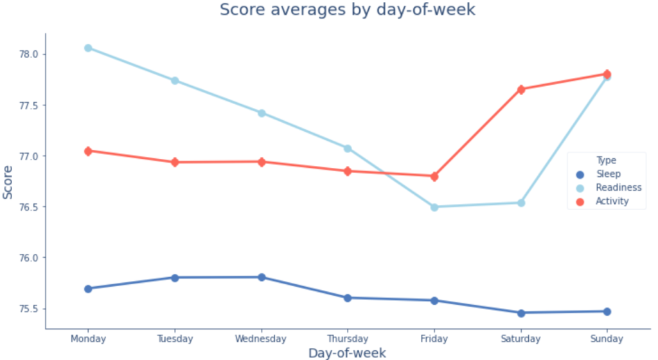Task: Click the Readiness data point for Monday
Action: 88,48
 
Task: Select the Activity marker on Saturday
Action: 521,89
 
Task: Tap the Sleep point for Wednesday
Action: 262,277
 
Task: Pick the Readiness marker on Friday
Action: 434,207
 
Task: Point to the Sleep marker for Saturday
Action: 521,313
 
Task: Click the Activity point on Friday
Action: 434,176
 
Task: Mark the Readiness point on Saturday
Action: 521,203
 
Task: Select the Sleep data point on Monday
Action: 88,289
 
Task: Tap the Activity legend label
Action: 612,201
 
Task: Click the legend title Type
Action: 606,161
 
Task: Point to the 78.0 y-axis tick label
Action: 29,54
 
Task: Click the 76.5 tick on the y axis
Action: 29,207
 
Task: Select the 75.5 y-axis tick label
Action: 29,309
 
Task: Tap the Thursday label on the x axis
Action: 348,339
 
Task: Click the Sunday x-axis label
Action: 607,339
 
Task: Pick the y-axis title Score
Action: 8,182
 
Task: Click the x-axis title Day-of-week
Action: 347,352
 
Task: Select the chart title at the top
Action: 347,10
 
